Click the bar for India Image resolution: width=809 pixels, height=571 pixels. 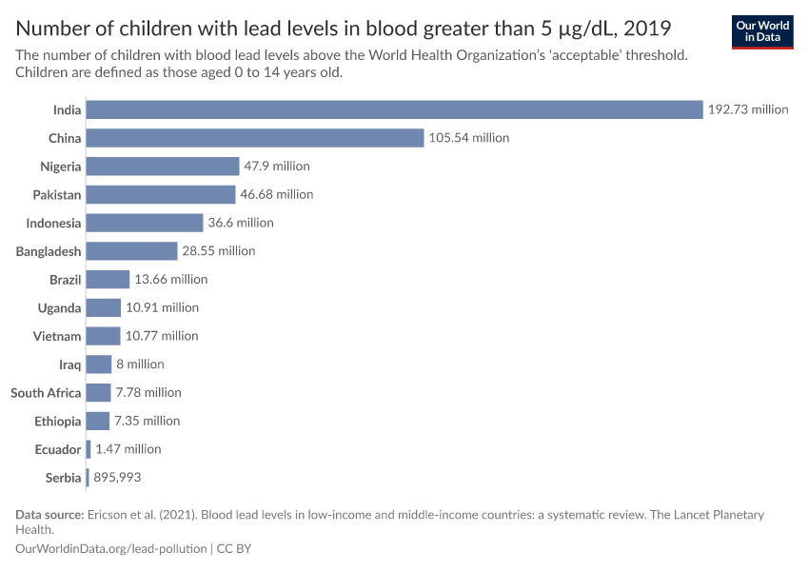click(394, 109)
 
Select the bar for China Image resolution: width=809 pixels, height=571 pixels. click(254, 138)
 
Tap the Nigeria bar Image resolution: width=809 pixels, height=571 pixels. click(162, 167)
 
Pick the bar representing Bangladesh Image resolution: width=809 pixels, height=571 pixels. click(131, 251)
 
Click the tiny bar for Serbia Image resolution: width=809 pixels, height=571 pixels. click(88, 478)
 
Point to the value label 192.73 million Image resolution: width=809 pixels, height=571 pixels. click(747, 109)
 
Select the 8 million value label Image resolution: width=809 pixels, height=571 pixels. click(140, 364)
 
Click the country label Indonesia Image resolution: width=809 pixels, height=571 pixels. click(54, 223)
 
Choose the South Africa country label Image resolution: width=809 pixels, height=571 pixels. click(46, 393)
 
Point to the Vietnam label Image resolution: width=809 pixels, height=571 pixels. click(59, 336)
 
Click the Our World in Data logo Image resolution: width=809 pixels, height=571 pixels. click(762, 31)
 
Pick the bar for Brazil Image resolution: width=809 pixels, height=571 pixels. click(108, 280)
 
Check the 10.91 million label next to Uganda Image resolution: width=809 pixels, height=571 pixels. click(162, 307)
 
